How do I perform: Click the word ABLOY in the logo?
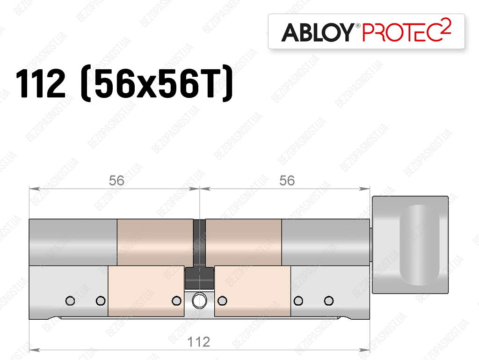click(318, 32)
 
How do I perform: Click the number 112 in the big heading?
click(41, 83)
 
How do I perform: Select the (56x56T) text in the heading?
click(157, 83)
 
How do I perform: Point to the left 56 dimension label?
click(116, 181)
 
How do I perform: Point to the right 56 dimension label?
click(287, 181)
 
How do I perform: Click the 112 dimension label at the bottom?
click(198, 342)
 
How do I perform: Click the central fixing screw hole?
click(199, 301)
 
